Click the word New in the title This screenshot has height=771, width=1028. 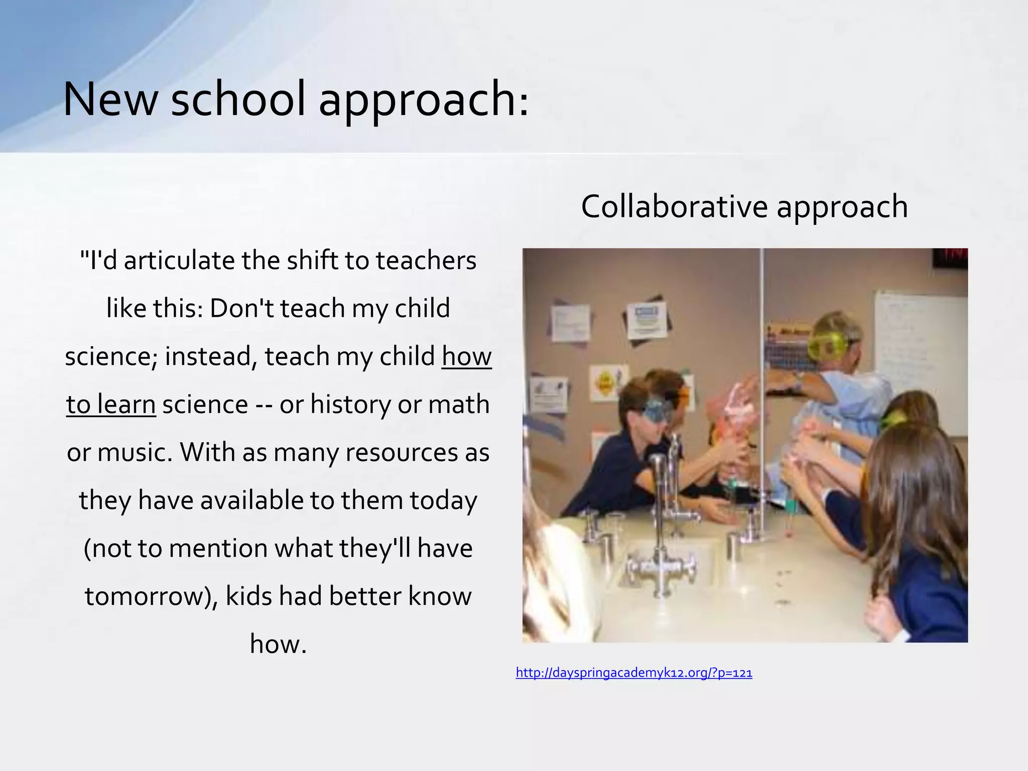pyautogui.click(x=110, y=99)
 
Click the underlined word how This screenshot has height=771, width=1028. pyautogui.click(x=466, y=356)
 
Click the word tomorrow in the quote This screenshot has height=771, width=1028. pyautogui.click(x=148, y=596)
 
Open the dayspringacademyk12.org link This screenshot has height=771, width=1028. pyautogui.click(x=633, y=673)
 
